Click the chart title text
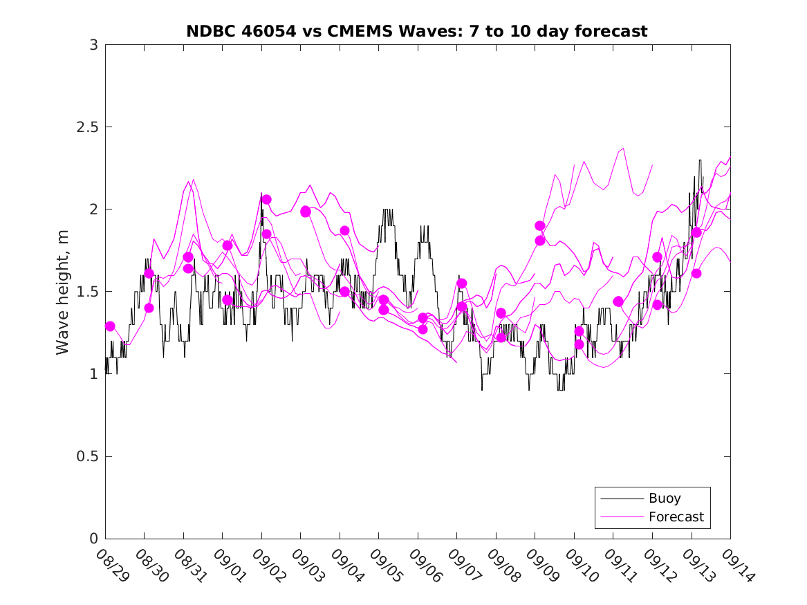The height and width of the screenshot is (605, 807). (x=417, y=31)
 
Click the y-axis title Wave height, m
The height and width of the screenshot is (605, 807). (x=63, y=292)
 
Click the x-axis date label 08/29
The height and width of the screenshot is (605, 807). (x=112, y=565)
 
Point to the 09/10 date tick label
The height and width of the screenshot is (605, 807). (x=581, y=565)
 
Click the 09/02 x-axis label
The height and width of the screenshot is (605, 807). (x=268, y=565)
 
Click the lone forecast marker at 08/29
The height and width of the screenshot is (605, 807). (x=110, y=326)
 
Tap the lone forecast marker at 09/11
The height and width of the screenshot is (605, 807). (x=618, y=301)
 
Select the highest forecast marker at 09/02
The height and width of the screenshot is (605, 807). (x=266, y=199)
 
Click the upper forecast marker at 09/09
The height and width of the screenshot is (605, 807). (x=540, y=226)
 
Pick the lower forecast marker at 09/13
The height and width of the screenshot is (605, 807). (x=696, y=273)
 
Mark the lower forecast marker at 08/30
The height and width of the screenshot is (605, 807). (x=149, y=308)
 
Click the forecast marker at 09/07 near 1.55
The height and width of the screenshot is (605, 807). (x=462, y=283)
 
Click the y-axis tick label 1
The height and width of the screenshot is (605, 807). (x=93, y=374)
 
